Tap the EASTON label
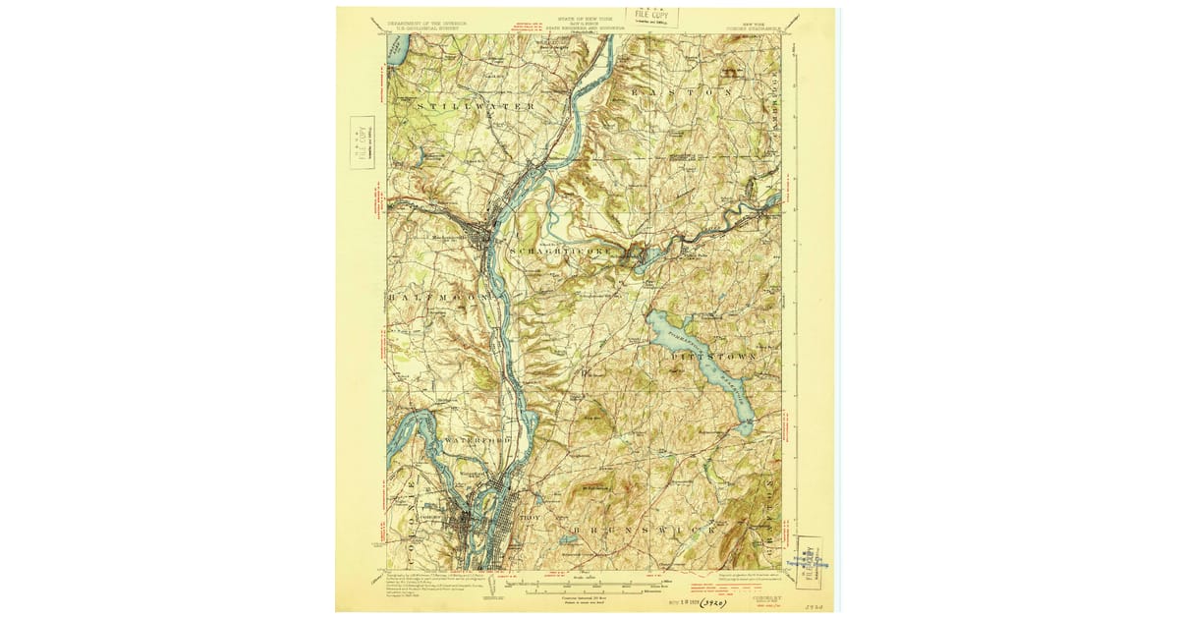pos(686,91)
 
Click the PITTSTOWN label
pos(714,355)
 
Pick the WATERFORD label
pos(478,440)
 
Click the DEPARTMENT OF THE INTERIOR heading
pos(426,20)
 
